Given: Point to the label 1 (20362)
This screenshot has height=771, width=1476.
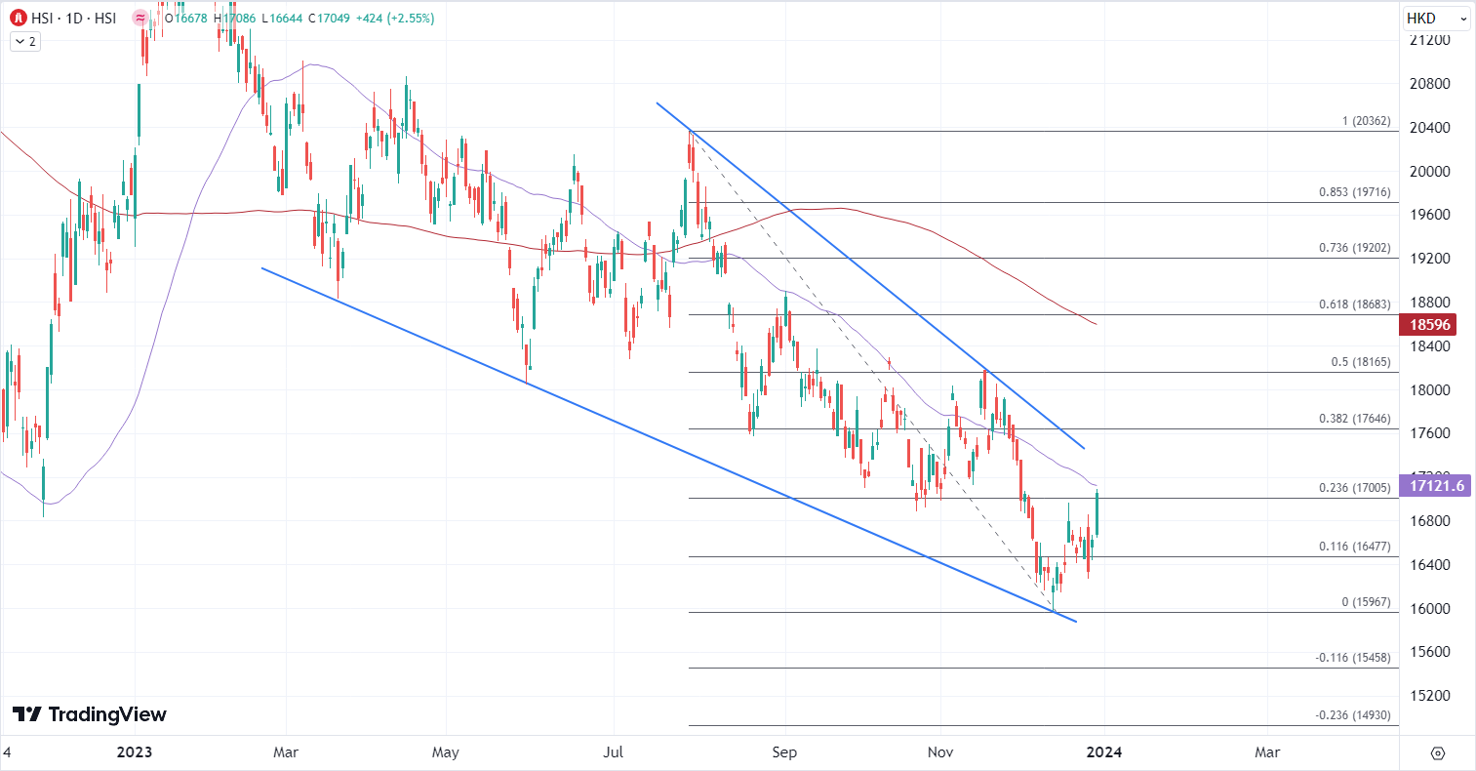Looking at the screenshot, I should tap(1366, 122).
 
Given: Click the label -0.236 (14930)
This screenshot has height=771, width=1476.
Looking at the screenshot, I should tap(1352, 715).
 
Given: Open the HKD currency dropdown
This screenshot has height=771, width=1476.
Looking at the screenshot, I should tap(1435, 19).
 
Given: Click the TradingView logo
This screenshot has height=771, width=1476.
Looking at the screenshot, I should tap(90, 714).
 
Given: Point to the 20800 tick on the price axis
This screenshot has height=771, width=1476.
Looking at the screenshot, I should tap(1429, 84).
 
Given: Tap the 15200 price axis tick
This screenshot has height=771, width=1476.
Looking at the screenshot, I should tap(1429, 696).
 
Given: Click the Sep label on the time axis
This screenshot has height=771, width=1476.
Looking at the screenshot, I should tap(784, 752).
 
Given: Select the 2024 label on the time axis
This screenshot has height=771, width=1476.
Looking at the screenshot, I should tap(1104, 752).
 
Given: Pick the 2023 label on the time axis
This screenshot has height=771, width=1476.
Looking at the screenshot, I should tap(135, 752).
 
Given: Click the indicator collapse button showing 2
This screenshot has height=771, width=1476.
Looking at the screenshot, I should tap(25, 41).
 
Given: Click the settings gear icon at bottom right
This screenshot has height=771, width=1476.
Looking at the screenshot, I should tap(1437, 752).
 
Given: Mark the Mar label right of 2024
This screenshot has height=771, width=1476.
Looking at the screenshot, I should tap(1266, 752).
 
